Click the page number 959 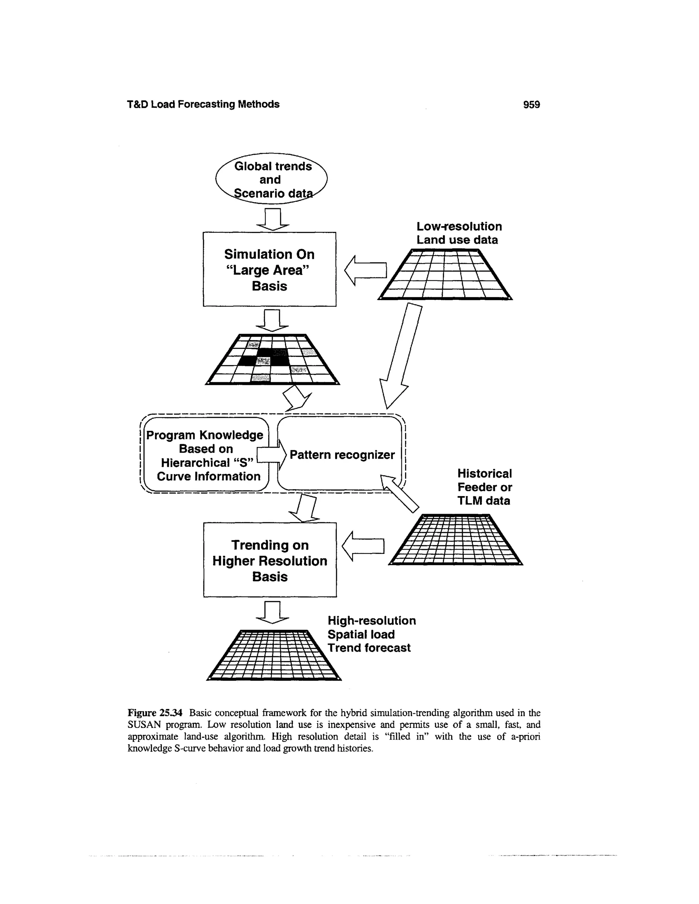pos(531,104)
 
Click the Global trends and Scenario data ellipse pos(272,179)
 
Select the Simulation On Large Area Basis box pos(269,269)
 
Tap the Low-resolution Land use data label pos(458,233)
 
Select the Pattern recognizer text pos(342,455)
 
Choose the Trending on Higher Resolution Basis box pos(270,560)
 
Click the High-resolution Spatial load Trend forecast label pos(371,634)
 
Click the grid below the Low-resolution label pos(445,274)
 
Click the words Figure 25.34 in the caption pos(155,713)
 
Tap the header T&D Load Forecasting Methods pos(203,104)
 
